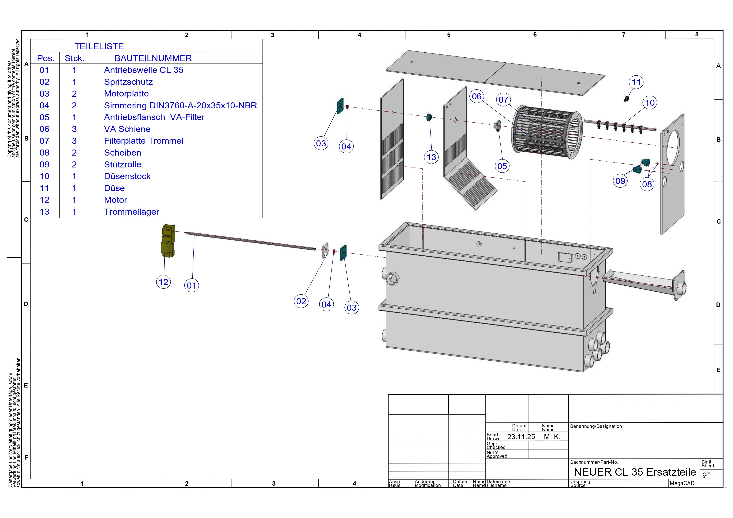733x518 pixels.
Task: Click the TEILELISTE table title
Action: pyautogui.click(x=99, y=46)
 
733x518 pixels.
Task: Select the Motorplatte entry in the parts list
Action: pyautogui.click(x=126, y=94)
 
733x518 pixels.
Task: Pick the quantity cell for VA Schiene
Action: pyautogui.click(x=74, y=129)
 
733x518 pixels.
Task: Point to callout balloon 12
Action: pyautogui.click(x=163, y=282)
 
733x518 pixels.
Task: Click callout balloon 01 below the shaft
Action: pyautogui.click(x=192, y=285)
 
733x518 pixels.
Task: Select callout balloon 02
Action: pyautogui.click(x=301, y=301)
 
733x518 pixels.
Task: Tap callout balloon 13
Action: pyautogui.click(x=431, y=157)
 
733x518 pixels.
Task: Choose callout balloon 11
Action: pyautogui.click(x=636, y=82)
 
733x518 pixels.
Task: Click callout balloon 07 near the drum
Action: pyautogui.click(x=503, y=100)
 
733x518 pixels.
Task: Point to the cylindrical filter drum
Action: pyautogui.click(x=546, y=132)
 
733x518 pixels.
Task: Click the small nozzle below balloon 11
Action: pyautogui.click(x=626, y=99)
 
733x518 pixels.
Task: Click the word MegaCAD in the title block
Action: pyautogui.click(x=682, y=483)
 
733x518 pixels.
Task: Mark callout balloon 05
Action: pyautogui.click(x=502, y=166)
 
